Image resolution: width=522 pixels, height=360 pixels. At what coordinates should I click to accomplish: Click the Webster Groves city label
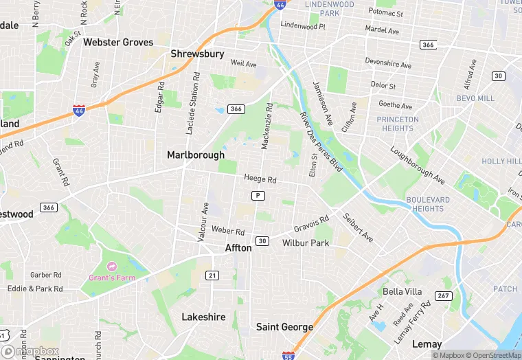(118, 42)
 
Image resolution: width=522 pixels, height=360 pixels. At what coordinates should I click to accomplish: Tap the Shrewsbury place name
(197, 54)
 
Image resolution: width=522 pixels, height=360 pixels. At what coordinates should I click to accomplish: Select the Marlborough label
(196, 155)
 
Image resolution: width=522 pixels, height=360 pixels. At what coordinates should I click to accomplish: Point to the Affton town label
(238, 248)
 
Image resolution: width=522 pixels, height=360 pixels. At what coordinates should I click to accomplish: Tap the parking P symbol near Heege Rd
(258, 196)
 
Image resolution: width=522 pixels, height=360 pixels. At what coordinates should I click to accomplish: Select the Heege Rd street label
(260, 179)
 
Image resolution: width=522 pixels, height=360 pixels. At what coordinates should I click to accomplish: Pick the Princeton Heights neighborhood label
(398, 124)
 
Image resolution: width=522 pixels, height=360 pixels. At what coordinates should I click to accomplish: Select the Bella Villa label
(403, 291)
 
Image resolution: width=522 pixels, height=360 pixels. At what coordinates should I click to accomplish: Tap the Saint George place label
(284, 327)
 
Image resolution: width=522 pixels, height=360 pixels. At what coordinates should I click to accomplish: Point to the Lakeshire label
(203, 317)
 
